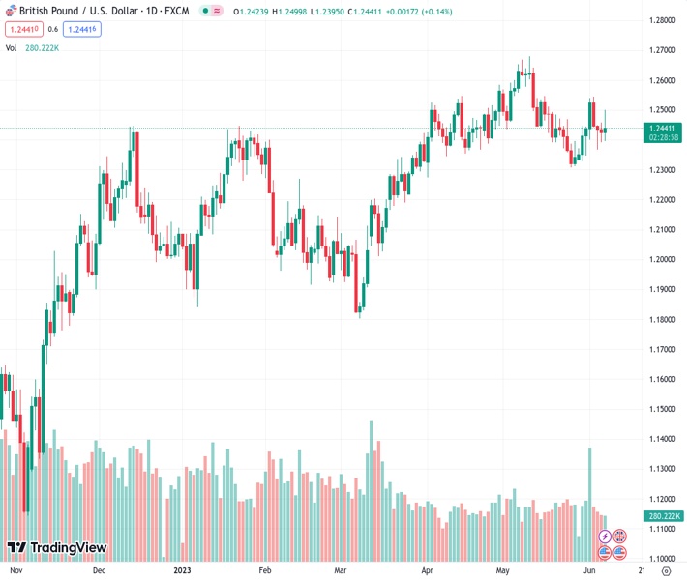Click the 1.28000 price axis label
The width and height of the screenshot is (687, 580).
pyautogui.click(x=662, y=19)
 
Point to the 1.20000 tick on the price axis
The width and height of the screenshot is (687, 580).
pyautogui.click(x=662, y=259)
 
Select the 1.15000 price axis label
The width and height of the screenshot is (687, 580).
pyautogui.click(x=662, y=409)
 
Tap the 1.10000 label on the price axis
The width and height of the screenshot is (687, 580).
pyautogui.click(x=662, y=559)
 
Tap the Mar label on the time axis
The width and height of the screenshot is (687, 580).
pyautogui.click(x=340, y=571)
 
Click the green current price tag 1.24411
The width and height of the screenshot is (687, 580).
pyautogui.click(x=662, y=128)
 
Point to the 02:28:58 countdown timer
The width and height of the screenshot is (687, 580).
pyautogui.click(x=662, y=137)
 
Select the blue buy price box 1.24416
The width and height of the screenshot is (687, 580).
pyautogui.click(x=82, y=29)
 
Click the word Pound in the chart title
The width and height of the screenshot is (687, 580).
pyautogui.click(x=73, y=11)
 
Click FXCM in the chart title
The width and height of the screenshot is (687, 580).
pyautogui.click(x=176, y=11)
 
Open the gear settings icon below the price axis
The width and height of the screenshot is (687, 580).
pyautogui.click(x=665, y=571)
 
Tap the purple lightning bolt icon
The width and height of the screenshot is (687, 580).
pyautogui.click(x=605, y=536)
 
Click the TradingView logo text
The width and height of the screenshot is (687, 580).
pyautogui.click(x=68, y=548)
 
